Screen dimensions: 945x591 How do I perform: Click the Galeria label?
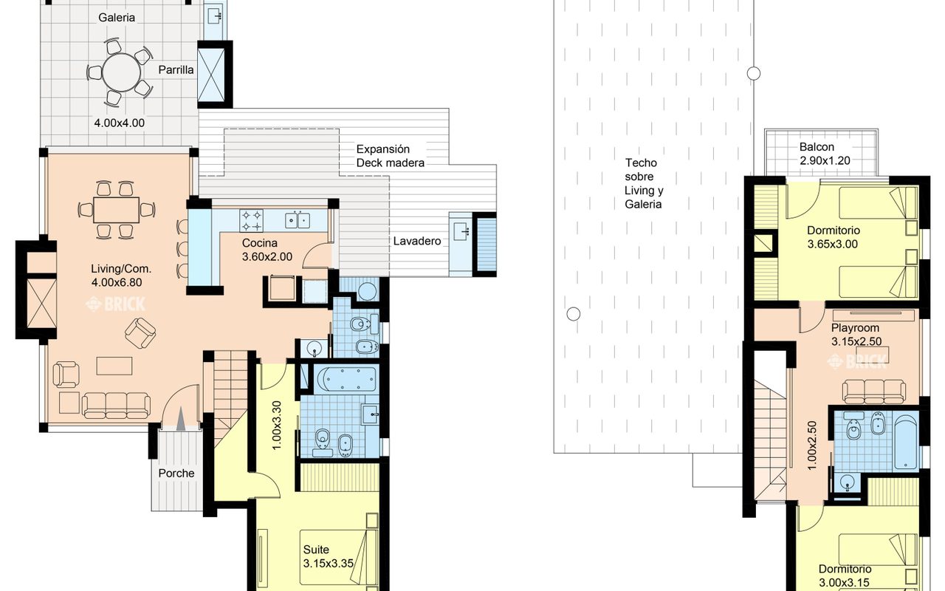(x=117, y=18)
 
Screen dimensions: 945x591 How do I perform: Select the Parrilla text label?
(x=176, y=69)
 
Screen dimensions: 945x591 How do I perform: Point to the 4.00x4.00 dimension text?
(x=119, y=123)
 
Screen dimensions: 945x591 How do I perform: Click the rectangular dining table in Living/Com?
(x=116, y=210)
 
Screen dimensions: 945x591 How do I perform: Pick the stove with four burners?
(x=251, y=221)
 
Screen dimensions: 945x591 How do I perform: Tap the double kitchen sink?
(x=298, y=220)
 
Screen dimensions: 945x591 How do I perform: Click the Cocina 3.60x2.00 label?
(x=267, y=250)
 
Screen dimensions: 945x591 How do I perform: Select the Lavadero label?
(x=417, y=241)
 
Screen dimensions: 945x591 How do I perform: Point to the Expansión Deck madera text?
(x=391, y=156)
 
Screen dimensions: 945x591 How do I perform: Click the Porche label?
(x=176, y=474)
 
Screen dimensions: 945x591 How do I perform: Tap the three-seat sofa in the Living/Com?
(x=116, y=406)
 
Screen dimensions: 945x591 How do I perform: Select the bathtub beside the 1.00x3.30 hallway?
(x=346, y=380)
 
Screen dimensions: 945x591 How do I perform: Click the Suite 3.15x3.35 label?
(x=329, y=556)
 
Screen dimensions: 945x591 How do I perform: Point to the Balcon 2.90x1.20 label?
(x=825, y=154)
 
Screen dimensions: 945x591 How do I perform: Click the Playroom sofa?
(x=874, y=392)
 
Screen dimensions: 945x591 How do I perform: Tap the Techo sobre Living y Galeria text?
(x=644, y=184)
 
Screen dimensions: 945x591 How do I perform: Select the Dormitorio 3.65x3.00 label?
(x=834, y=237)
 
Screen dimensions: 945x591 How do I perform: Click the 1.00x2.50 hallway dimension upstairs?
(x=812, y=445)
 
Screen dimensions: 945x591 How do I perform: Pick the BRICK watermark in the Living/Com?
(x=116, y=304)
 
